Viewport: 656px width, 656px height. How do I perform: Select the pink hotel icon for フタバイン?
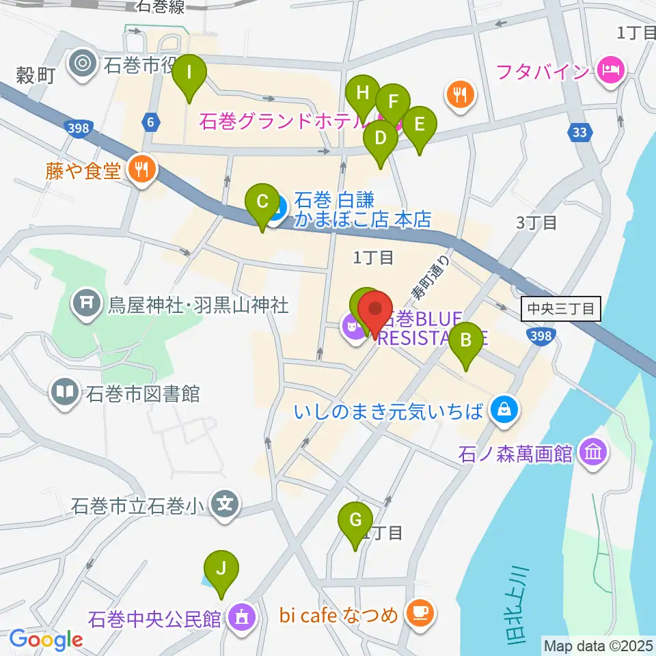coord(607,69)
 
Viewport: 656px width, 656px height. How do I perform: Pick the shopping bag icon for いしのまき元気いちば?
coord(504,411)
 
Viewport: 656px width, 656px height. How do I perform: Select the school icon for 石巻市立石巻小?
coord(225,506)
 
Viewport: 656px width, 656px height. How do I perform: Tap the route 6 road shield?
coord(150,122)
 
